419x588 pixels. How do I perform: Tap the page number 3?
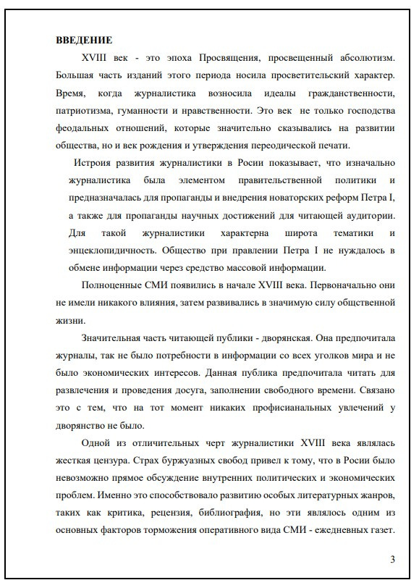pyautogui.click(x=392, y=558)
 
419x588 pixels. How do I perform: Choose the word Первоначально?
pyautogui.click(x=345, y=285)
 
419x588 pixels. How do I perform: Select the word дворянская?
pyautogui.click(x=266, y=337)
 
